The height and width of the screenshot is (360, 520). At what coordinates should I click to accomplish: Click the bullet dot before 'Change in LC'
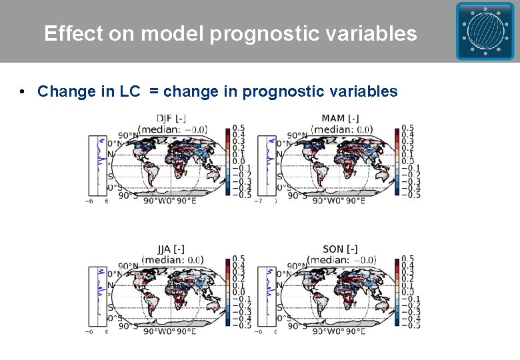coord(23,91)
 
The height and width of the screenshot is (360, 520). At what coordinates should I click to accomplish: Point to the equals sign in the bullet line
coord(154,92)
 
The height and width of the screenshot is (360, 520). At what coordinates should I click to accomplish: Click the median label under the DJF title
coord(173,129)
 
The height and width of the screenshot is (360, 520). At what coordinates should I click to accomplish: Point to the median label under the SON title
coord(340,259)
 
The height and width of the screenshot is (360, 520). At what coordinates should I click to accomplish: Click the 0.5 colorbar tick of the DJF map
coord(239,128)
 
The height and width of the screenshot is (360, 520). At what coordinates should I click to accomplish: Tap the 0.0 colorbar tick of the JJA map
coord(239,291)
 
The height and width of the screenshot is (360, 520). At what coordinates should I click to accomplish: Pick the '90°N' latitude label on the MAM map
coord(293,135)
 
